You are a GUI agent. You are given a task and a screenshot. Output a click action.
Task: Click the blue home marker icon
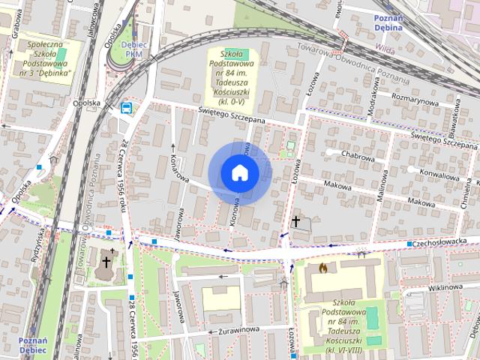click(x=239, y=173)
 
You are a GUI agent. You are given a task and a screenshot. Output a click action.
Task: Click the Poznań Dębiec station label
click(x=33, y=345)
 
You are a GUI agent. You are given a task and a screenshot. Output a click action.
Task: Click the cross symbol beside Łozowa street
click(x=296, y=221)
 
